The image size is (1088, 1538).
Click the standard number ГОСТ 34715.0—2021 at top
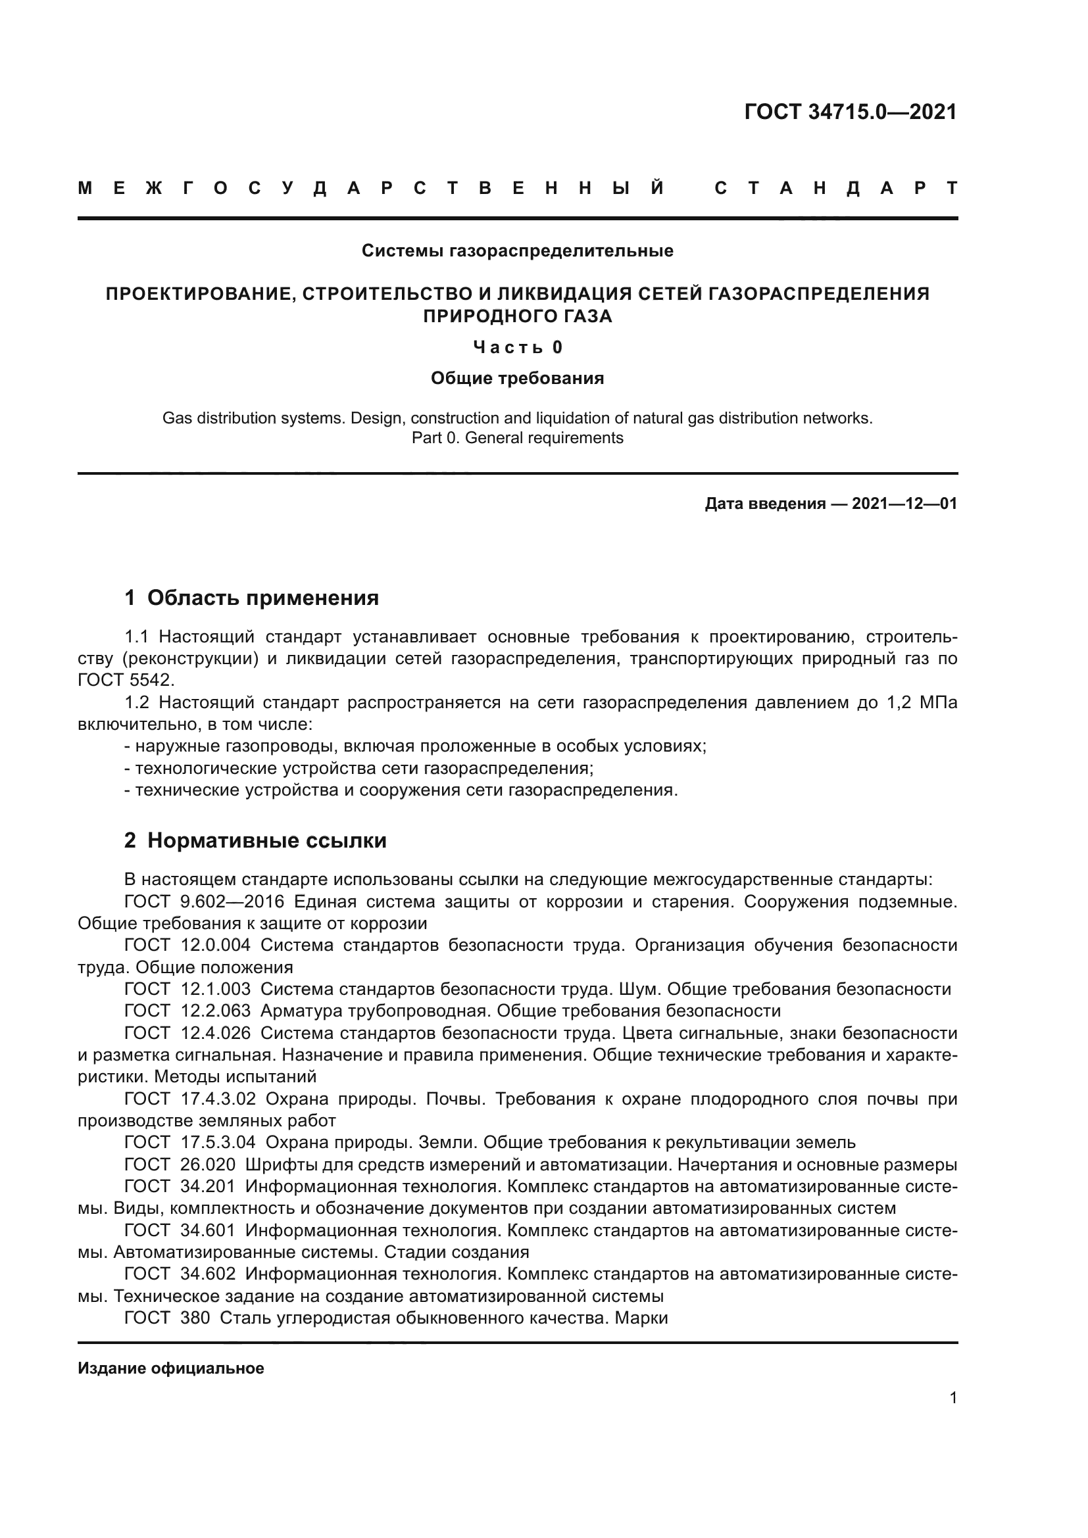(850, 112)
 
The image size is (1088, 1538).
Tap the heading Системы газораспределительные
(517, 251)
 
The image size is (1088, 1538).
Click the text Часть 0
(517, 347)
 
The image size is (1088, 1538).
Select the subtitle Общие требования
(517, 379)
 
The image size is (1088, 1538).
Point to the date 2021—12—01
(904, 504)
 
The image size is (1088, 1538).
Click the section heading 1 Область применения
(252, 598)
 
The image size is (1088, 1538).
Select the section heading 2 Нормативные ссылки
(255, 840)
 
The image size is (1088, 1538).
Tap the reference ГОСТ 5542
(125, 680)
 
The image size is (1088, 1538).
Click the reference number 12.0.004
(215, 945)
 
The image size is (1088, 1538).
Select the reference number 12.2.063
(215, 1010)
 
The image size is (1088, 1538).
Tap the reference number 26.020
(208, 1165)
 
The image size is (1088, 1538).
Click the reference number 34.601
(208, 1230)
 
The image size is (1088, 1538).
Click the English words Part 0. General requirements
(517, 438)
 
